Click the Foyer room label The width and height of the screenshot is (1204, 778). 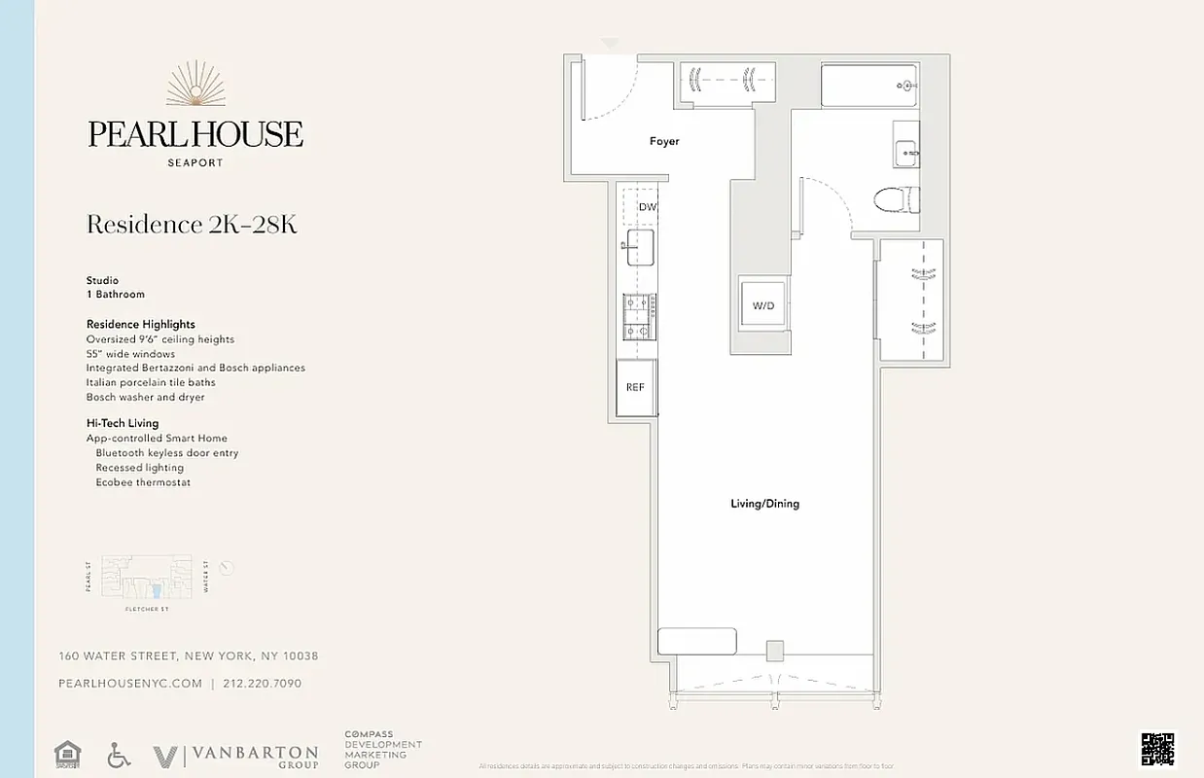coord(664,142)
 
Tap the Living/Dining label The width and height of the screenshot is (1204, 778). coord(764,504)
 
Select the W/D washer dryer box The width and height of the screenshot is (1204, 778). coord(763,305)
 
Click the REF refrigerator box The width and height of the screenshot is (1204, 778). coord(636,387)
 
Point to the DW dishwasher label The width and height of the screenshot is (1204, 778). coord(647,207)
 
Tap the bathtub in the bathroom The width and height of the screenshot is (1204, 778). coord(868,85)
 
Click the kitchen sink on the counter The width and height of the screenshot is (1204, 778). coord(639,247)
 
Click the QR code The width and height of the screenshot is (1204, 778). coord(1156,750)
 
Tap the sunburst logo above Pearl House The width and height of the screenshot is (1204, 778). coord(195,86)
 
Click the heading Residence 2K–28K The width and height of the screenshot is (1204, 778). coord(192,225)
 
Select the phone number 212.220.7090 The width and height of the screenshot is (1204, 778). coord(263,684)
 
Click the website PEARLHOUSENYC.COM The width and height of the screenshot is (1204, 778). coord(130,684)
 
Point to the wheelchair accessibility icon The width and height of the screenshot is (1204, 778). coord(119,755)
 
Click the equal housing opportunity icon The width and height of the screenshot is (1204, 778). coord(67,755)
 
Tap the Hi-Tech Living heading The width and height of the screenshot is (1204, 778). coord(123,424)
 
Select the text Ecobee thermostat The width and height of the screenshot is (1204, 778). coord(143,482)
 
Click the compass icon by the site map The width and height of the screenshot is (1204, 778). coord(227,568)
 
